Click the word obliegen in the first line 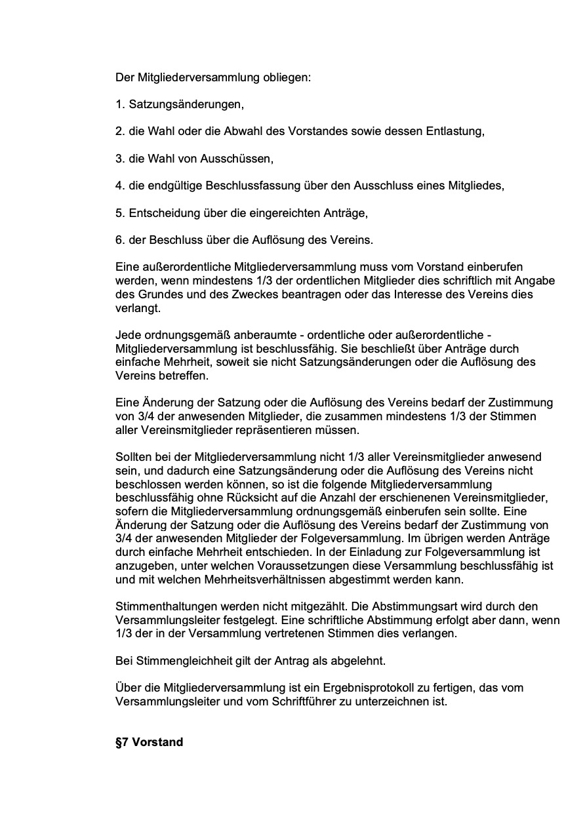[x=288, y=77]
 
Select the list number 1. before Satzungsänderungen [x=120, y=104]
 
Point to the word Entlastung [x=456, y=131]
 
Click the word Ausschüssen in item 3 [x=239, y=159]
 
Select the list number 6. [x=120, y=240]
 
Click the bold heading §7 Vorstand [x=149, y=742]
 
